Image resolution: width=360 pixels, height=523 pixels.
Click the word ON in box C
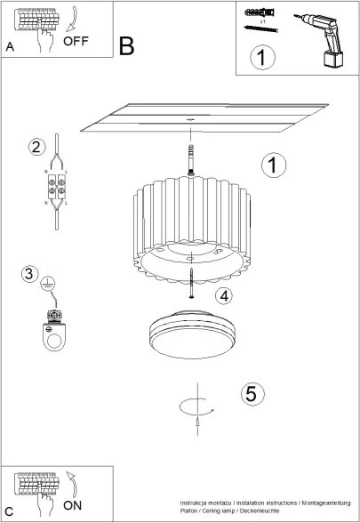click(x=74, y=503)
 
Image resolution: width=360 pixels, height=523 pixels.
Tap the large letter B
click(x=127, y=46)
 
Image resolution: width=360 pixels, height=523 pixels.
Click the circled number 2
click(x=36, y=147)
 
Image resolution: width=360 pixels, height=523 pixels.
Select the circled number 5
click(x=252, y=392)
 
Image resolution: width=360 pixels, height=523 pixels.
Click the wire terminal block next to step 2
click(x=55, y=188)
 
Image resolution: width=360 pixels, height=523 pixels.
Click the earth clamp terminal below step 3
click(x=56, y=330)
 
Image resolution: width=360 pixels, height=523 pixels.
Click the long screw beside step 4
click(x=191, y=284)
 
